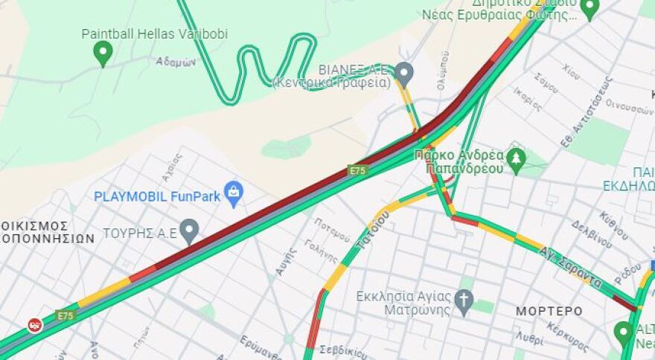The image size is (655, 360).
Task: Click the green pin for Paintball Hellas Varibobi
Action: coord(103,52)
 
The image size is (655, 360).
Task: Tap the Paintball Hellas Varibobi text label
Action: coord(154,33)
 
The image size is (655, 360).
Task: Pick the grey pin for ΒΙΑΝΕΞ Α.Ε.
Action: coord(403,73)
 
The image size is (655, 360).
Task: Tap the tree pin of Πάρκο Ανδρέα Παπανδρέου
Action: coord(515,158)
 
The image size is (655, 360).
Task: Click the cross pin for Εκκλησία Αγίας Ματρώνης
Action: coord(464,301)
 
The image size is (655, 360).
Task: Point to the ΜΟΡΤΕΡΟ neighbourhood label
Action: coord(550,310)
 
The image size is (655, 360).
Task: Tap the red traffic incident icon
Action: coord(34,325)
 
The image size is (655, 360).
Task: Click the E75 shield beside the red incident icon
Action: coord(65,315)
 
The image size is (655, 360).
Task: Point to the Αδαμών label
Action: coord(176,62)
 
